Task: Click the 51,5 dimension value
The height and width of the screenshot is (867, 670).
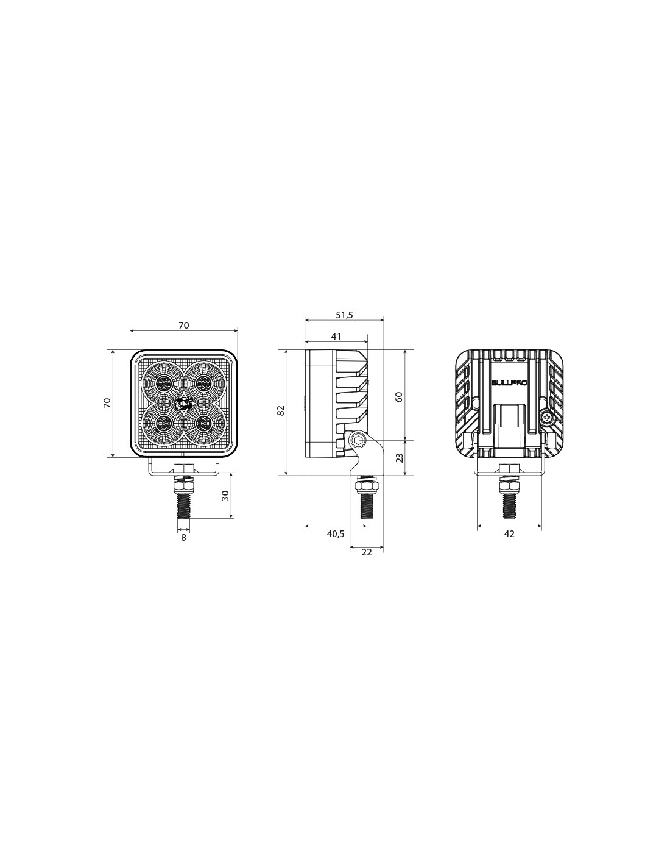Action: pos(344,315)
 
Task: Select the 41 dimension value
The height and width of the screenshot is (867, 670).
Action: pos(336,337)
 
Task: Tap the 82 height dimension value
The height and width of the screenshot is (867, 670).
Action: pos(281,410)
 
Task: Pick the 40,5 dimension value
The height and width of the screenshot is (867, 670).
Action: pos(335,534)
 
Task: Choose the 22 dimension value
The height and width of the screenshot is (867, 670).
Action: pos(367,552)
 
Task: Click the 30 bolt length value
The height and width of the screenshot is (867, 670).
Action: pos(225,496)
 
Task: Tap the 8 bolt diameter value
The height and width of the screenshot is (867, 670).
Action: pos(183,537)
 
